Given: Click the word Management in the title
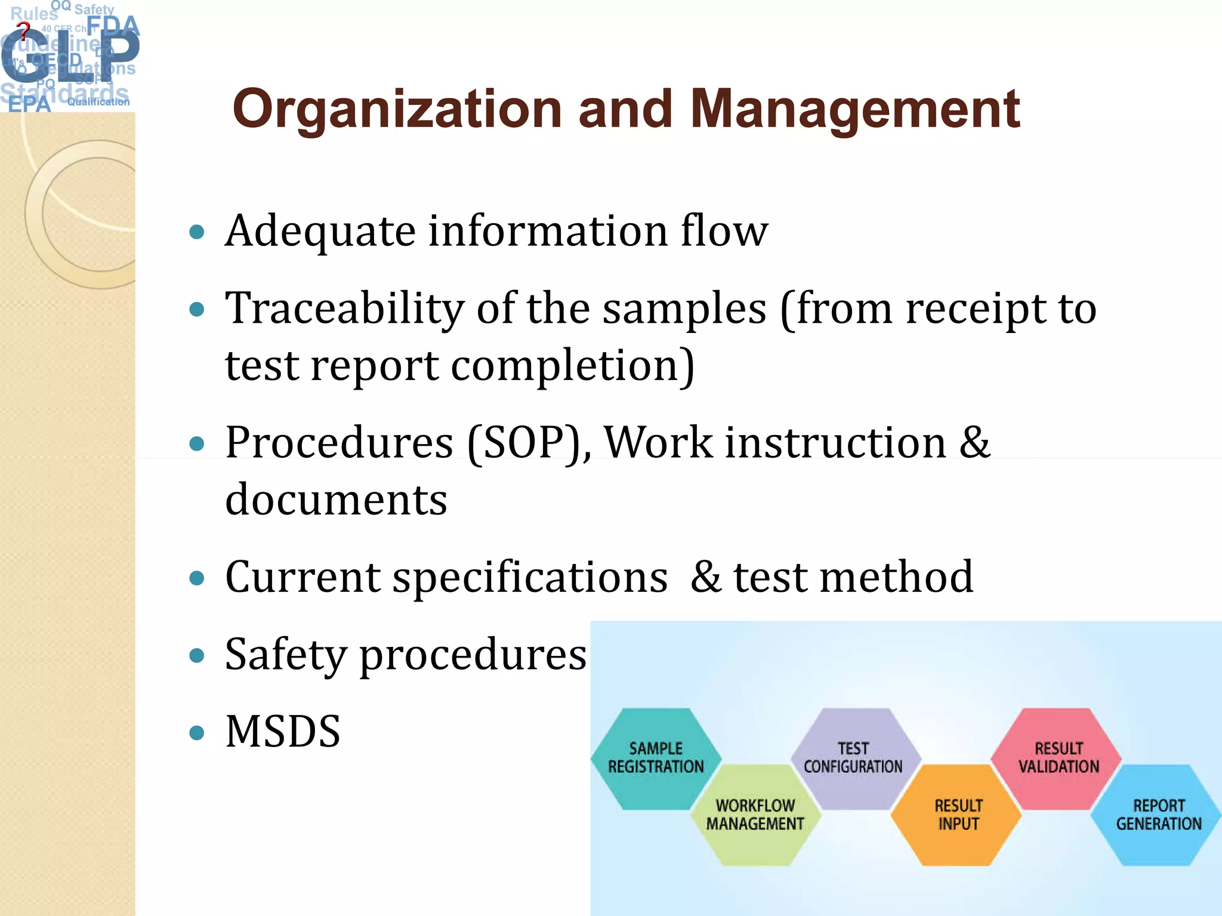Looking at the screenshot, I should (854, 109).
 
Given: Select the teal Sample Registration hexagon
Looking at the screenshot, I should (655, 757).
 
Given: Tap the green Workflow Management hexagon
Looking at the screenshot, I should (755, 815).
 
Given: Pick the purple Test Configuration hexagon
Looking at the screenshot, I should (853, 757).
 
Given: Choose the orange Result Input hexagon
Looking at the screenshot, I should (958, 815).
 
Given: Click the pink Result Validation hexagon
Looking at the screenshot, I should (1058, 757).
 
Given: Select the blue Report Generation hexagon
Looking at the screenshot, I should (1158, 815).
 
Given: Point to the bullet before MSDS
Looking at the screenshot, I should (196, 732).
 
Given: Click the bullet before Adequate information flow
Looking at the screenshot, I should (196, 232).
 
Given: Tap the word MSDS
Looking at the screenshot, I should (283, 732).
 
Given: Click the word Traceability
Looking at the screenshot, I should (344, 309).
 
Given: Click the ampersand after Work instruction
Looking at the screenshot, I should (974, 443).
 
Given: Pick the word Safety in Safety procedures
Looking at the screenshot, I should (285, 655).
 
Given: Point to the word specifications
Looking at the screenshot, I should (530, 577).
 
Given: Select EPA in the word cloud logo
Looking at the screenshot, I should (29, 104).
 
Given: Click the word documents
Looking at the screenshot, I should (336, 499).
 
